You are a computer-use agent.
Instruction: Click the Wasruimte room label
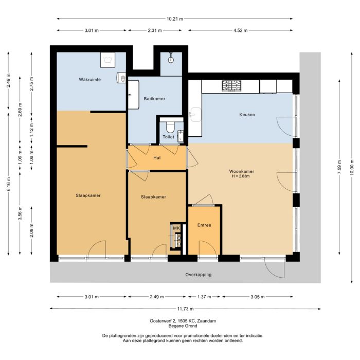coord(89,80)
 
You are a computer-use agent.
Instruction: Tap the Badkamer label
coord(154,98)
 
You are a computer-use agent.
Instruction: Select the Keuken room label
coord(247,115)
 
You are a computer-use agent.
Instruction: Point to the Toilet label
coord(168,137)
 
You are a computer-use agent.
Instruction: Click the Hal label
coord(158,158)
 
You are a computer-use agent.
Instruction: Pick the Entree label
coord(204,225)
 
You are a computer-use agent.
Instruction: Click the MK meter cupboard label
coord(176,228)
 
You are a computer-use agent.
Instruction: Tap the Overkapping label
coord(199,275)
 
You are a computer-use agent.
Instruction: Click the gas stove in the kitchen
coord(230,85)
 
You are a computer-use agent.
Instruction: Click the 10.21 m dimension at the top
coord(175,19)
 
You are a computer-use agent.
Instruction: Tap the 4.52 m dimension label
coord(240,30)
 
